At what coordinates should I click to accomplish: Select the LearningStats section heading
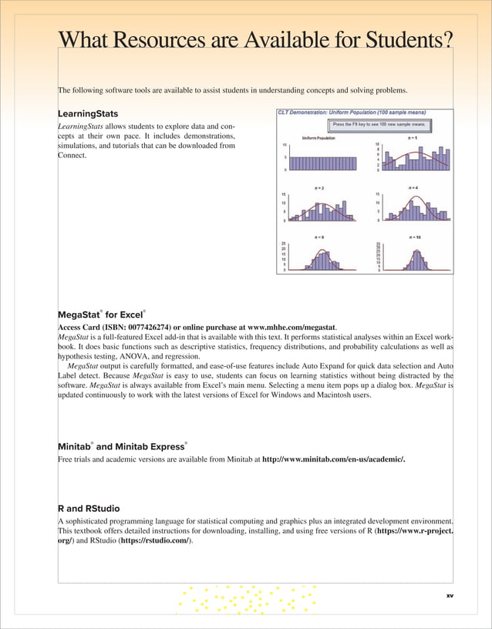click(x=88, y=113)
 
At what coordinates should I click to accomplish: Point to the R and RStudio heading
click(x=89, y=509)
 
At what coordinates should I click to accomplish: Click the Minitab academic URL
click(x=333, y=459)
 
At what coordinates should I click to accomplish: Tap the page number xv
click(x=450, y=596)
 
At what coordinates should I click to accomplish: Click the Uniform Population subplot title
click(x=318, y=139)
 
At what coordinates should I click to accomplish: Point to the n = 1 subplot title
click(x=413, y=139)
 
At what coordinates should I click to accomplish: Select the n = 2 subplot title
click(x=318, y=187)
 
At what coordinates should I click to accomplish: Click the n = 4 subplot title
click(x=413, y=187)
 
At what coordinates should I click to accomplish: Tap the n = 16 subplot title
click(x=414, y=237)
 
